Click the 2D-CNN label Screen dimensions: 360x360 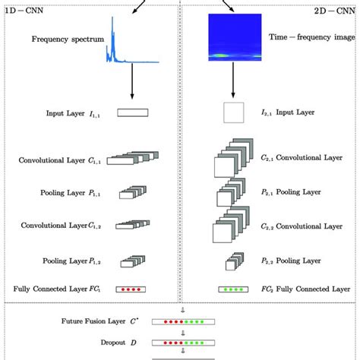335,13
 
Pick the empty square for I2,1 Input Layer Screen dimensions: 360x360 234,114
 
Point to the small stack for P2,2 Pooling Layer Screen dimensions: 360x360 232,263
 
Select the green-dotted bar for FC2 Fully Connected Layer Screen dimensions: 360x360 233,289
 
